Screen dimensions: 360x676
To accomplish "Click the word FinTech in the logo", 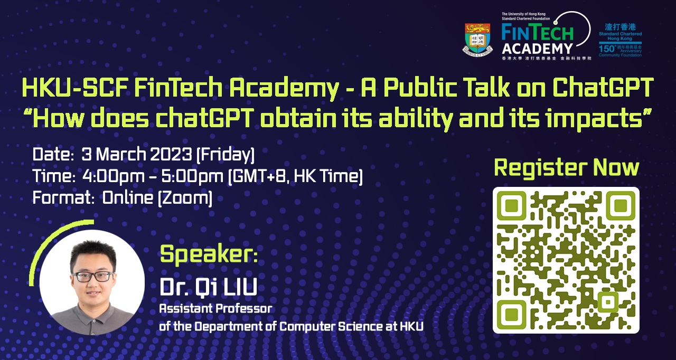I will click(x=538, y=32).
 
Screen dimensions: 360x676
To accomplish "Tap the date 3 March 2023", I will click(x=137, y=155).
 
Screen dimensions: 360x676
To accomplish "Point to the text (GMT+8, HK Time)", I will click(x=295, y=176).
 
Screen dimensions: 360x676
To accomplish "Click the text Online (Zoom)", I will click(x=157, y=198).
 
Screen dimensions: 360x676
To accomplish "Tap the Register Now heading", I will click(x=566, y=167).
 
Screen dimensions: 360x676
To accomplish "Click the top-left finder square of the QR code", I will click(x=511, y=205).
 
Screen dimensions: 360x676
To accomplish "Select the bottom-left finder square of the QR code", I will click(x=511, y=315).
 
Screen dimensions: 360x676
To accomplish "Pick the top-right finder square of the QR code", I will click(x=621, y=205).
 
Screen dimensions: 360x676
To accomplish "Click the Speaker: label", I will click(x=209, y=254).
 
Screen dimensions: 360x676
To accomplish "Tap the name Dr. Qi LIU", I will click(x=209, y=288).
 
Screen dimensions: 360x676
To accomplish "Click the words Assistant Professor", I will click(x=216, y=308).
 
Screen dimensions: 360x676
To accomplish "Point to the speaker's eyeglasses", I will click(x=93, y=276).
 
